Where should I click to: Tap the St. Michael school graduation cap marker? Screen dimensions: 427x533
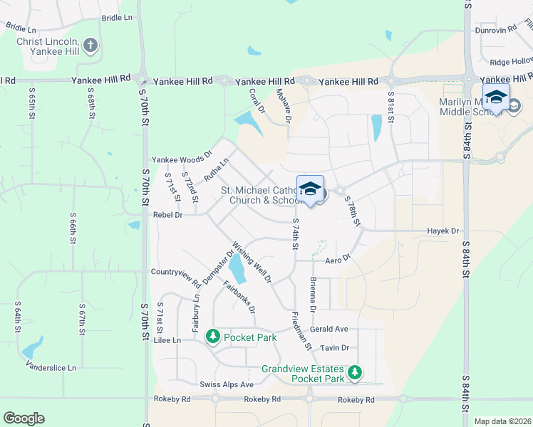310,190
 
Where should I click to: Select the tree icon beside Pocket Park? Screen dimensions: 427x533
212,336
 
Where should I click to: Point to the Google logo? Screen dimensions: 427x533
24,418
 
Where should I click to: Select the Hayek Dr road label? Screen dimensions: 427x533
443,231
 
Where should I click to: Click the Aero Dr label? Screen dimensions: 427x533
338,260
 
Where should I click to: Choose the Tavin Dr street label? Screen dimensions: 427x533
334,348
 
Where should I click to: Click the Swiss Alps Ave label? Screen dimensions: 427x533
227,385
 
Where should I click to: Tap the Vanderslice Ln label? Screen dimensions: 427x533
53,368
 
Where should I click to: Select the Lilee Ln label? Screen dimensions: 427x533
167,341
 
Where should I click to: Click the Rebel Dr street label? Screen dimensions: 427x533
168,214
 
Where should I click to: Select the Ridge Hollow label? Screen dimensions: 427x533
512,61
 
